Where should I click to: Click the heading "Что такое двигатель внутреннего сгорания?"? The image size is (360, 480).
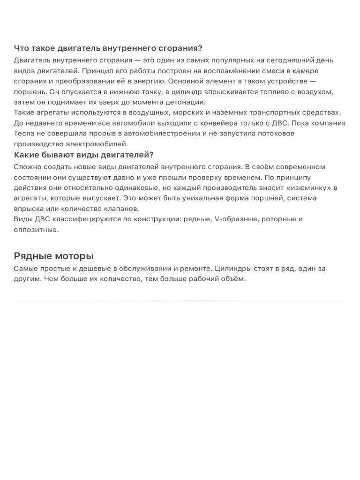[x=108, y=48]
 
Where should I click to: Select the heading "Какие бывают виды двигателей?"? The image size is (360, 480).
[x=84, y=155]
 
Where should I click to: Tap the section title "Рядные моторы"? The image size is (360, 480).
[x=53, y=256]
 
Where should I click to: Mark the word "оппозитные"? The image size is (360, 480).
[x=36, y=230]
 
